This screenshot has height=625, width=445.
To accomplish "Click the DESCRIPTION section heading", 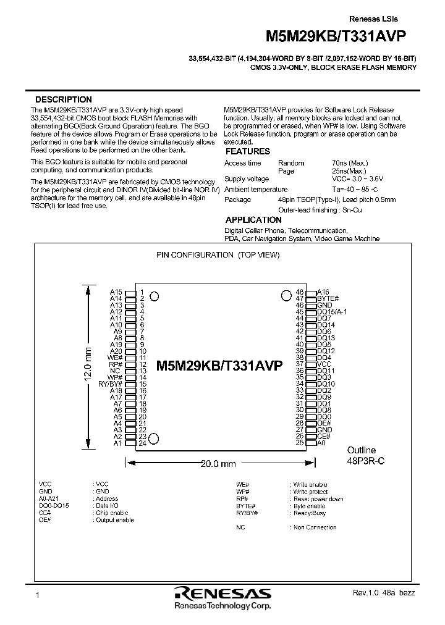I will click(63, 99).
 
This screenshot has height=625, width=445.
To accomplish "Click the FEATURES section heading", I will click(247, 151).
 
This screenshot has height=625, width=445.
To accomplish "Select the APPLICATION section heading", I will click(253, 220).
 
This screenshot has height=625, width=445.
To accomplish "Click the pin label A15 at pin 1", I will click(116, 292).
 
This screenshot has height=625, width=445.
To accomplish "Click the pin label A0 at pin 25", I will click(321, 443).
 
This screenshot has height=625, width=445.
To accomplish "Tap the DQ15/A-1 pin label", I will click(332, 312).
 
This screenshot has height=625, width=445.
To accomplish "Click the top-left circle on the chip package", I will click(155, 296).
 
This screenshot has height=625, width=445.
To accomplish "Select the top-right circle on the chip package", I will click(286, 295).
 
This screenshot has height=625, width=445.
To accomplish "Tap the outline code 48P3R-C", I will click(366, 461).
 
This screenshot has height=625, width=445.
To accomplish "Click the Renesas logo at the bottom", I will click(222, 594).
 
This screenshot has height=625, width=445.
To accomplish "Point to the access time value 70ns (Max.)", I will click(350, 163).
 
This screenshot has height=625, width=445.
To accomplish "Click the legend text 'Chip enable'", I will click(112, 513).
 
